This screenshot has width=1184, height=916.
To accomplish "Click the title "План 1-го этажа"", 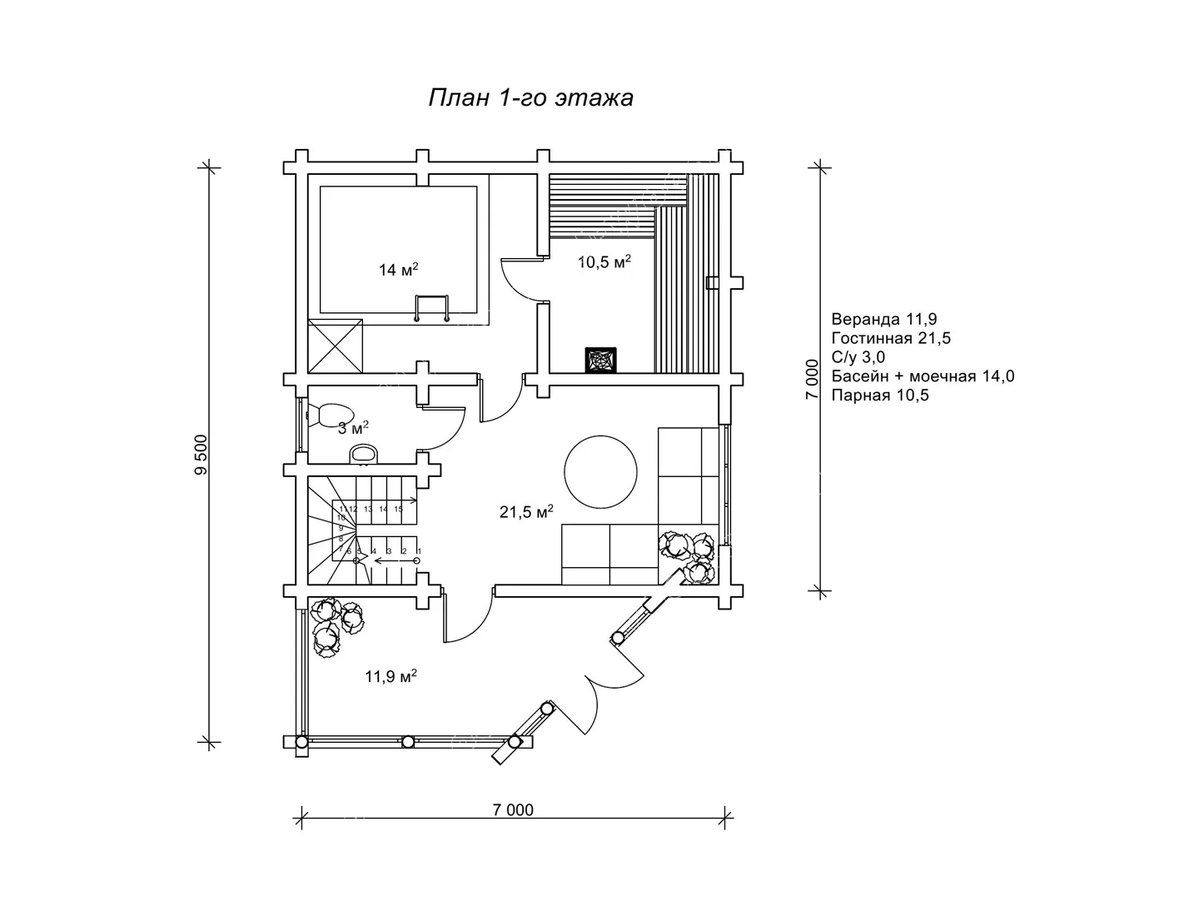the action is (530, 98).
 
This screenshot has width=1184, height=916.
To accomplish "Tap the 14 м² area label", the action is (398, 269).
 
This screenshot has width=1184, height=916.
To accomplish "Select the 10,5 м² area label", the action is (604, 261).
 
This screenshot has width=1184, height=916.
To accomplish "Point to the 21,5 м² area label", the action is (526, 511).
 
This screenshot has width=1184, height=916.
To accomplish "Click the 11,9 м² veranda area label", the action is (391, 676).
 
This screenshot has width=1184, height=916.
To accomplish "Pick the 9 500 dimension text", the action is (201, 455).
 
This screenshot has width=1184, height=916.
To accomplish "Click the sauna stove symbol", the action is (600, 361).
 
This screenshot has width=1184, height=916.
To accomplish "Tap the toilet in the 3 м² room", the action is (331, 416).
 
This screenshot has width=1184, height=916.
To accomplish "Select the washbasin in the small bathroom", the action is (363, 454).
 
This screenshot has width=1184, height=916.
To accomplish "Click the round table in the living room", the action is (600, 472).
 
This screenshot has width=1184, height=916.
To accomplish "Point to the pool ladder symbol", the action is (431, 308).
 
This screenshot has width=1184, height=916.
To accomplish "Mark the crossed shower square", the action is (335, 346).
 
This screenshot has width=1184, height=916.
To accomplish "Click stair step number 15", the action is (398, 509).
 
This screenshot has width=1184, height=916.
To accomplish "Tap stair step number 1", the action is (419, 551).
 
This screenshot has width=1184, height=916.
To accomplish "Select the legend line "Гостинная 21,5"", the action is (891, 338).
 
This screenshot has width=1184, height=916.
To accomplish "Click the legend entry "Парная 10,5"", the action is (880, 396).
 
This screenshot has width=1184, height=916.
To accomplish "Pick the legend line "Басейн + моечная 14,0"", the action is (923, 376).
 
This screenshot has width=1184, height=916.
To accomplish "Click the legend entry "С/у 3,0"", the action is (858, 357).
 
